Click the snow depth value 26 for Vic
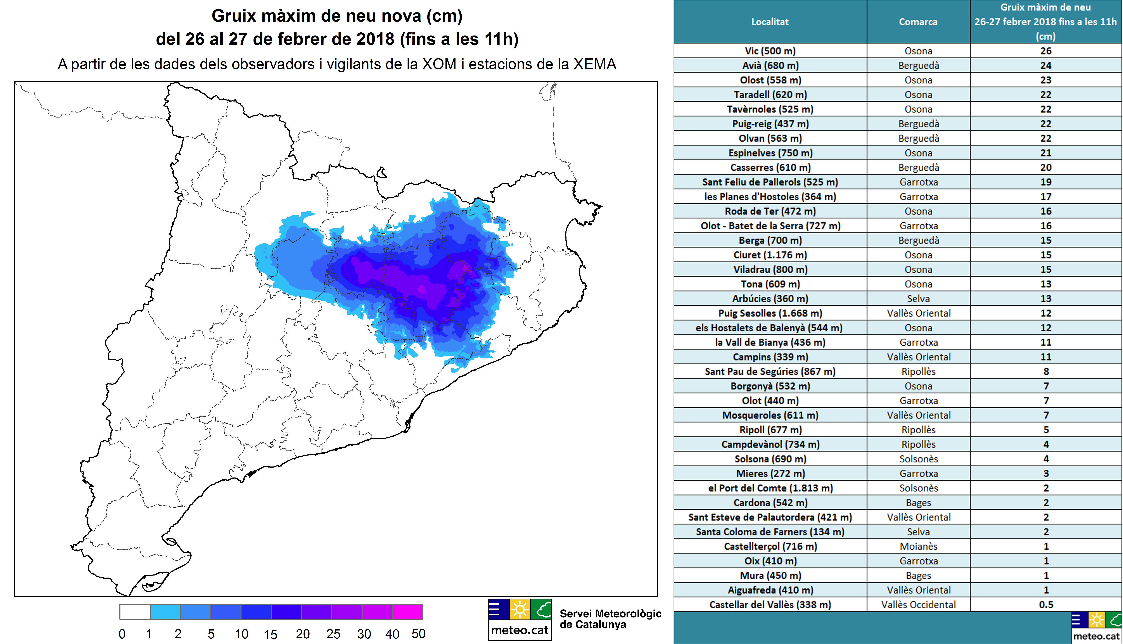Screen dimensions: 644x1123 click(x=1046, y=51)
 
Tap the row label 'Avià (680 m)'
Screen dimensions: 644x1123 click(x=770, y=65)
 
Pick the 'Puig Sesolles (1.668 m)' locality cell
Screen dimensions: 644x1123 click(x=770, y=313)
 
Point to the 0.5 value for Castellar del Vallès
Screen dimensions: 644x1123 click(x=1046, y=605)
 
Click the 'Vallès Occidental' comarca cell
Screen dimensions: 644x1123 click(x=918, y=605)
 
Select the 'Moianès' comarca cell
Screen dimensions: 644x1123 click(x=918, y=546)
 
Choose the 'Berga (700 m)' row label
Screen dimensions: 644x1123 click(x=770, y=240)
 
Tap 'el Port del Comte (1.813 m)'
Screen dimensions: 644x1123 click(x=770, y=488)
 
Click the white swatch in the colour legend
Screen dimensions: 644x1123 click(x=135, y=612)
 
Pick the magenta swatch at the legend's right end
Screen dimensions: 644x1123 click(x=407, y=612)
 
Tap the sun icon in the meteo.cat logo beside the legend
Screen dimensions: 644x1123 click(x=520, y=610)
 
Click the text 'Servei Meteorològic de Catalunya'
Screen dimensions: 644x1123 click(x=610, y=619)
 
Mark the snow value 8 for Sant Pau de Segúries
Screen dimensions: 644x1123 click(x=1046, y=372)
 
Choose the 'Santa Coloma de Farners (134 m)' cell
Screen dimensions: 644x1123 click(x=770, y=532)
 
